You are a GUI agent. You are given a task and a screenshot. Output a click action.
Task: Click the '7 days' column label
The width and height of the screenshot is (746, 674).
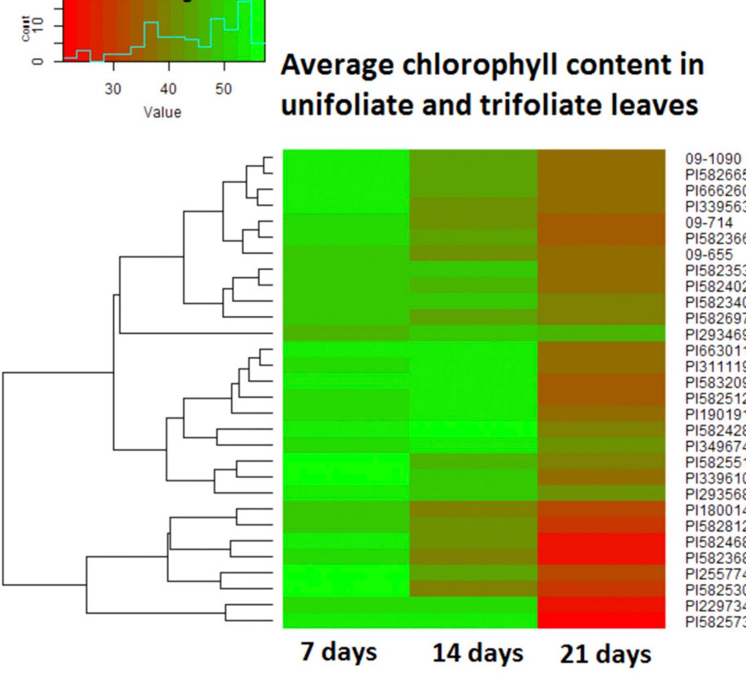click(339, 652)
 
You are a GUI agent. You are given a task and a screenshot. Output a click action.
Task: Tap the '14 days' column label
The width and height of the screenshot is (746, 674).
click(477, 653)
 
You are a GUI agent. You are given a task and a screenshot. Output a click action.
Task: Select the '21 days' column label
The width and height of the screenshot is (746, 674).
click(605, 653)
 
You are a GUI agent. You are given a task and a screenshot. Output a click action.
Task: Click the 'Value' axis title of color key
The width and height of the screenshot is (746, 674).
click(162, 112)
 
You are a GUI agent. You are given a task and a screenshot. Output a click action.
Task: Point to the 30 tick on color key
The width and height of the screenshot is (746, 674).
click(113, 89)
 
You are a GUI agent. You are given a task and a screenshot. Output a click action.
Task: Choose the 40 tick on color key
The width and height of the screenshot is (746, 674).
click(168, 89)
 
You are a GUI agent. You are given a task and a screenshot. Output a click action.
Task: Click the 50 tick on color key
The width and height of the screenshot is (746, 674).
click(223, 89)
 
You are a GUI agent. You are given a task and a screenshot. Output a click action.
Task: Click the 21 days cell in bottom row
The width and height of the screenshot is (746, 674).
click(602, 620)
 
